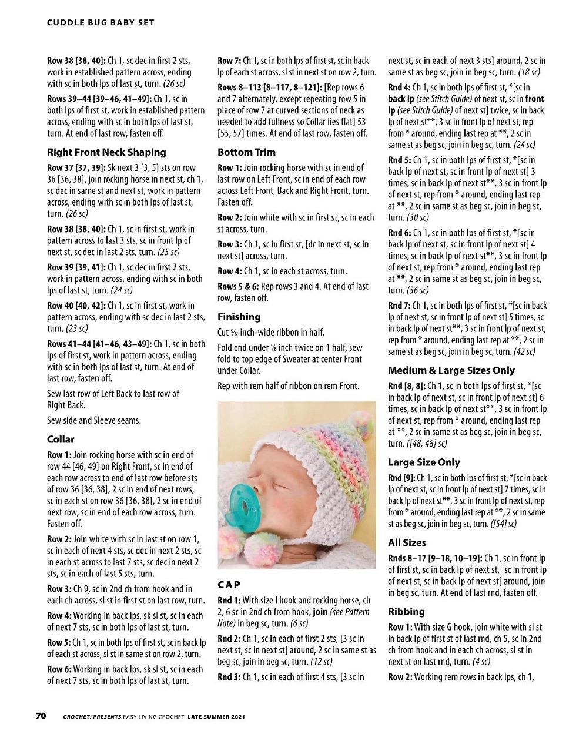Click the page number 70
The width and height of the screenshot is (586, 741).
41,716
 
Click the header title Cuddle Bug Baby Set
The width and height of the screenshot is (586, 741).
101,22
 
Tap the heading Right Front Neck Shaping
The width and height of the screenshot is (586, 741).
106,152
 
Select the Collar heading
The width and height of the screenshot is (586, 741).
61,440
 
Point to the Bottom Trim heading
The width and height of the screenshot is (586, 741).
246,152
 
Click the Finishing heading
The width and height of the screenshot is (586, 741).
239,317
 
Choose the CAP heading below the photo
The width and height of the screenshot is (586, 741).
229,585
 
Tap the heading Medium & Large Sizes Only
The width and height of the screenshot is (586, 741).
451,371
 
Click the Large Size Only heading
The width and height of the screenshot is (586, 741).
424,462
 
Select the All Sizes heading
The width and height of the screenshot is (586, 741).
407,543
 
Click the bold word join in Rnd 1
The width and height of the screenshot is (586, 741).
320,612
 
